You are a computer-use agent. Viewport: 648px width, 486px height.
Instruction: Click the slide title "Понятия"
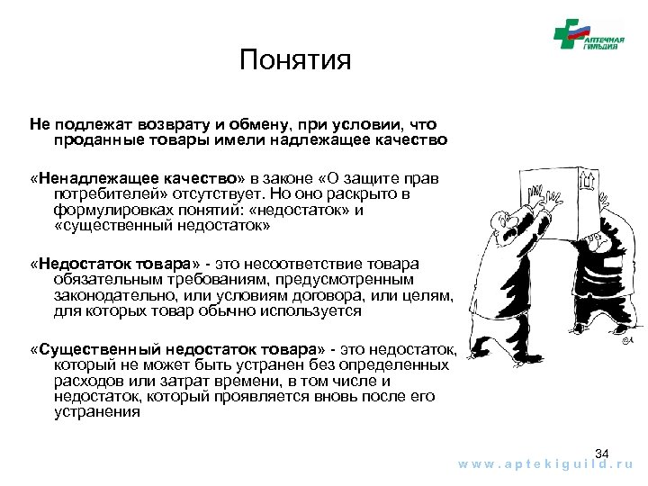point(295,61)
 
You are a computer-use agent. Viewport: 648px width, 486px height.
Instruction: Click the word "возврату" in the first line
point(167,125)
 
